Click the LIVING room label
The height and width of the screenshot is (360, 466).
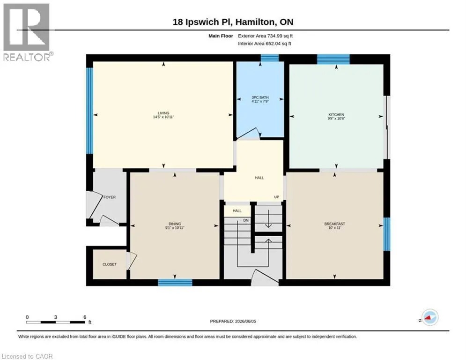pyautogui.click(x=163, y=113)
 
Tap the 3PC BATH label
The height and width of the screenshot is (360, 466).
pyautogui.click(x=260, y=97)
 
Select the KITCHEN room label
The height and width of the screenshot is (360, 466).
pyautogui.click(x=336, y=114)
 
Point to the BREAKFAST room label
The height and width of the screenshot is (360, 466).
pyautogui.click(x=334, y=224)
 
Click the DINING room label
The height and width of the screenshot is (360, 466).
pyautogui.click(x=175, y=224)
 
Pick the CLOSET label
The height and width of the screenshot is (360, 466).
pyautogui.click(x=110, y=264)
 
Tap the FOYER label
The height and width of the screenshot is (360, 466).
pyautogui.click(x=110, y=197)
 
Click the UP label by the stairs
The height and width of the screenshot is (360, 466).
pyautogui.click(x=277, y=197)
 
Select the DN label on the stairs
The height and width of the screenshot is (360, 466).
pyautogui.click(x=246, y=220)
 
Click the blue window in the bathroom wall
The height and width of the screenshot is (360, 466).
pyautogui.click(x=270, y=58)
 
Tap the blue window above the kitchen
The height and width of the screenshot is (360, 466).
pyautogui.click(x=333, y=59)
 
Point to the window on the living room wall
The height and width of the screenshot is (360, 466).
pyautogui.click(x=89, y=111)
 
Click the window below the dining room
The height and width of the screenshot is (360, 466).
pyautogui.click(x=175, y=283)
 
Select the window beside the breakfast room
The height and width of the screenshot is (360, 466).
pyautogui.click(x=387, y=234)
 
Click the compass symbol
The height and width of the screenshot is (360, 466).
pyautogui.click(x=429, y=317)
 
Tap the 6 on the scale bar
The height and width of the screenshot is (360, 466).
pyautogui.click(x=85, y=317)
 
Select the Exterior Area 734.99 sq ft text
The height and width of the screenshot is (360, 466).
pyautogui.click(x=265, y=36)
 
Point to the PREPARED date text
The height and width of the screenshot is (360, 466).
pyautogui.click(x=233, y=321)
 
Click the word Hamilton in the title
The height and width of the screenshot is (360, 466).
pyautogui.click(x=256, y=22)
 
